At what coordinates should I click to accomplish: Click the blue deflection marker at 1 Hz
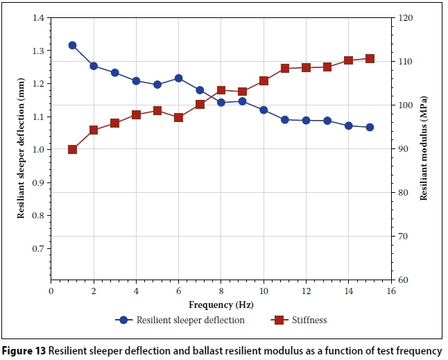(x=72, y=45)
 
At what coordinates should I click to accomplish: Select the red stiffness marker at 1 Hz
(x=72, y=149)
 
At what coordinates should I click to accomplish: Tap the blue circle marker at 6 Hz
(x=178, y=78)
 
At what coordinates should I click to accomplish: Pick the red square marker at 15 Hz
(x=370, y=59)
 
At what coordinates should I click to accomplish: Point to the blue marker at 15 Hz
(x=370, y=128)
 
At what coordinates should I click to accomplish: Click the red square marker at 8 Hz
(x=221, y=90)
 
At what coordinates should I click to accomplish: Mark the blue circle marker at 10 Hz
(x=264, y=110)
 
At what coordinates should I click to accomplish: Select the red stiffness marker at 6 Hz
(x=178, y=118)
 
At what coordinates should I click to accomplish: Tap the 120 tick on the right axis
(x=406, y=18)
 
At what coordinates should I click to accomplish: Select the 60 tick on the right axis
(x=404, y=280)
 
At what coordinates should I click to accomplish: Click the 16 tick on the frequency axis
(x=391, y=291)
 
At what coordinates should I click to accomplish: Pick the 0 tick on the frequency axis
(x=51, y=291)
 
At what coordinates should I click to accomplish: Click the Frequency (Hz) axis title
(x=221, y=304)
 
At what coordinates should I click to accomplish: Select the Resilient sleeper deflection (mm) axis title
(x=21, y=149)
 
